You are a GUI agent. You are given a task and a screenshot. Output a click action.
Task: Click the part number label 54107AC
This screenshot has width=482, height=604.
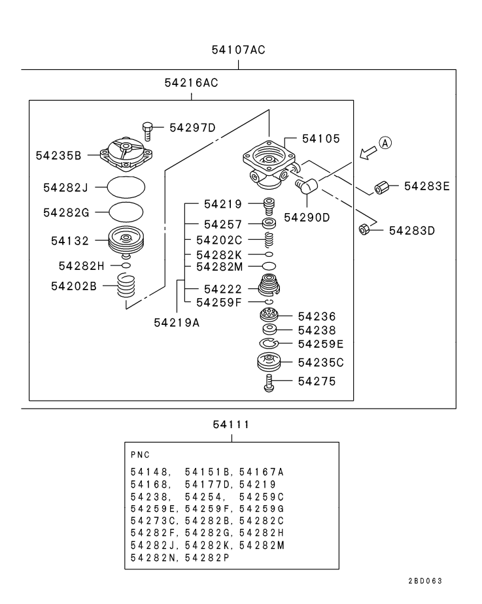(x=238, y=50)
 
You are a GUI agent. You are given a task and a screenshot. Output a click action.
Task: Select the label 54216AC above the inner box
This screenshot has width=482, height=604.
(x=191, y=83)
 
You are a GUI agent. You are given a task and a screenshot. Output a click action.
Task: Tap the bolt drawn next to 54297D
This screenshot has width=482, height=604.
(x=148, y=130)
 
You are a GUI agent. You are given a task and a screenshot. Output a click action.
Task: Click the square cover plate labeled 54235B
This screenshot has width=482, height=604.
(x=126, y=152)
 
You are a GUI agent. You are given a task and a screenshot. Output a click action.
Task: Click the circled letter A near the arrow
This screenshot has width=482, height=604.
(x=385, y=143)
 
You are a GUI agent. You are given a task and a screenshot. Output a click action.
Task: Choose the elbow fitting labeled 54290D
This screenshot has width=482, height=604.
(x=306, y=187)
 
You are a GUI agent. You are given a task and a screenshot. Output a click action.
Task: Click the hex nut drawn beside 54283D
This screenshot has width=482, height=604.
(x=366, y=229)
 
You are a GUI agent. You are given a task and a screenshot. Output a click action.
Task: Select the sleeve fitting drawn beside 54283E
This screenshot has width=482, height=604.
(x=382, y=187)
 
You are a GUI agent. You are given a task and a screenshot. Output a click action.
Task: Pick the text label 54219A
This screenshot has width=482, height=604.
(x=177, y=321)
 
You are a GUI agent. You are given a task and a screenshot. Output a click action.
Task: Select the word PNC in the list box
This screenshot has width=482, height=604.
(x=140, y=454)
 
